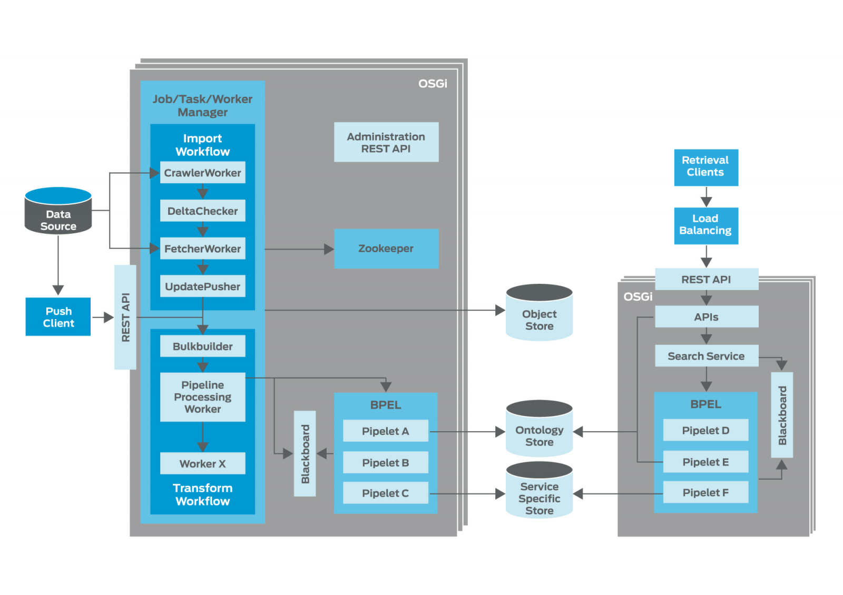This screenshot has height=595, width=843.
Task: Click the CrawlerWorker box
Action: click(202, 173)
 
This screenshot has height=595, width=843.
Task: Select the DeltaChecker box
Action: click(202, 211)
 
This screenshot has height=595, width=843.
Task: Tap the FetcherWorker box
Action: click(202, 249)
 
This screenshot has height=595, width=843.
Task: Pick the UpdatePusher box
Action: click(202, 286)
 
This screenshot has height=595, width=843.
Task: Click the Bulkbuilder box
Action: click(202, 346)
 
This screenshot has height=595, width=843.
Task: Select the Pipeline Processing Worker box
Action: click(202, 397)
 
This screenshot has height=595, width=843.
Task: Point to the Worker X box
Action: click(202, 463)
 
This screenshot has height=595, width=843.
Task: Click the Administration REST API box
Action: click(386, 142)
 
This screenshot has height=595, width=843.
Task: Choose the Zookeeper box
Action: click(386, 249)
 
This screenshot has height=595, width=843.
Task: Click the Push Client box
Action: click(58, 317)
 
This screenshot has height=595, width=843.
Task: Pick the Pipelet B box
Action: click(385, 462)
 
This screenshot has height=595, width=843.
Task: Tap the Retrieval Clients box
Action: click(705, 167)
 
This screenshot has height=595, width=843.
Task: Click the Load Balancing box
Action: click(705, 225)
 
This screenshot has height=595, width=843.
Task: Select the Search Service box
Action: click(706, 356)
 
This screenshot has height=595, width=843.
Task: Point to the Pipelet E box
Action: click(705, 462)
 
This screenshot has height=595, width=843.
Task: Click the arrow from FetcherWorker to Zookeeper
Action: click(298, 249)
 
